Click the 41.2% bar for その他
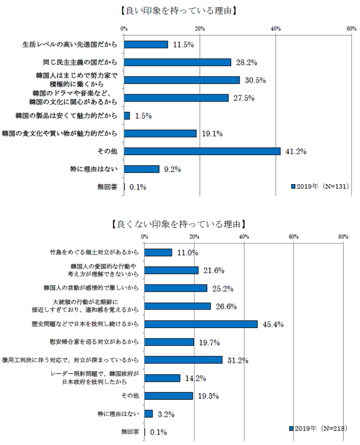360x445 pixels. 202,151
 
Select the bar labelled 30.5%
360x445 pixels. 182,80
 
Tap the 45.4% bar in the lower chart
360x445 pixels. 201,324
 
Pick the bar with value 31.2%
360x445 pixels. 183,360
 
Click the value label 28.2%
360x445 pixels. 244,62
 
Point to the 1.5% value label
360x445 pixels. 143,116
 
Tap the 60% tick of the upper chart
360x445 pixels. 351,28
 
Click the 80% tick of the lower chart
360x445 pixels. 343,236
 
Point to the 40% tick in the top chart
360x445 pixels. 276,28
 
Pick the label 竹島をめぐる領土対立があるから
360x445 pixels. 95,252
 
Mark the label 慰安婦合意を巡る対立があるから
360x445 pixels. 95,342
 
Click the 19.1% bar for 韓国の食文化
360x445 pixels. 160,134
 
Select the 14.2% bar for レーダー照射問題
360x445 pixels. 162,378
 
